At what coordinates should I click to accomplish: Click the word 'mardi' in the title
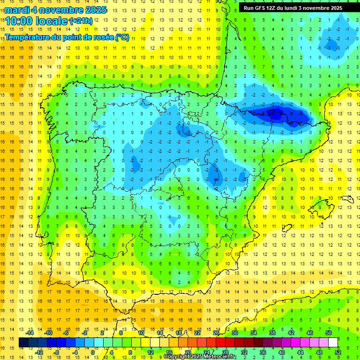coord(17,10)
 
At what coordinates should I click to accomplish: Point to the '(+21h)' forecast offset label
coord(81,21)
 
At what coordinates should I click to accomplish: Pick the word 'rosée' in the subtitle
coord(102,37)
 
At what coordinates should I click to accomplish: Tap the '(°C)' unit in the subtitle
coord(122,37)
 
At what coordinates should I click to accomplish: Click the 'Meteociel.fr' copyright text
coord(217,357)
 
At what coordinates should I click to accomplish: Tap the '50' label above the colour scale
coord(329,333)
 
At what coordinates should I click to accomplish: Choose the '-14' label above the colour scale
coord(30,333)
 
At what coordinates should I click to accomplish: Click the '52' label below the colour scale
coord(338,352)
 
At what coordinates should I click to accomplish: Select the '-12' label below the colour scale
coord(39,352)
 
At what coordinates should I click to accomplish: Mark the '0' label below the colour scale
coord(93,352)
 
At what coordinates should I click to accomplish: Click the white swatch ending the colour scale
coord(333,342)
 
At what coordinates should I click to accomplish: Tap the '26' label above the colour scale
coord(216,333)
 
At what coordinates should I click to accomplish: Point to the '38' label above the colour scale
coord(272,333)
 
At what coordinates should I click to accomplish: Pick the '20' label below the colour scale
coord(188,352)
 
